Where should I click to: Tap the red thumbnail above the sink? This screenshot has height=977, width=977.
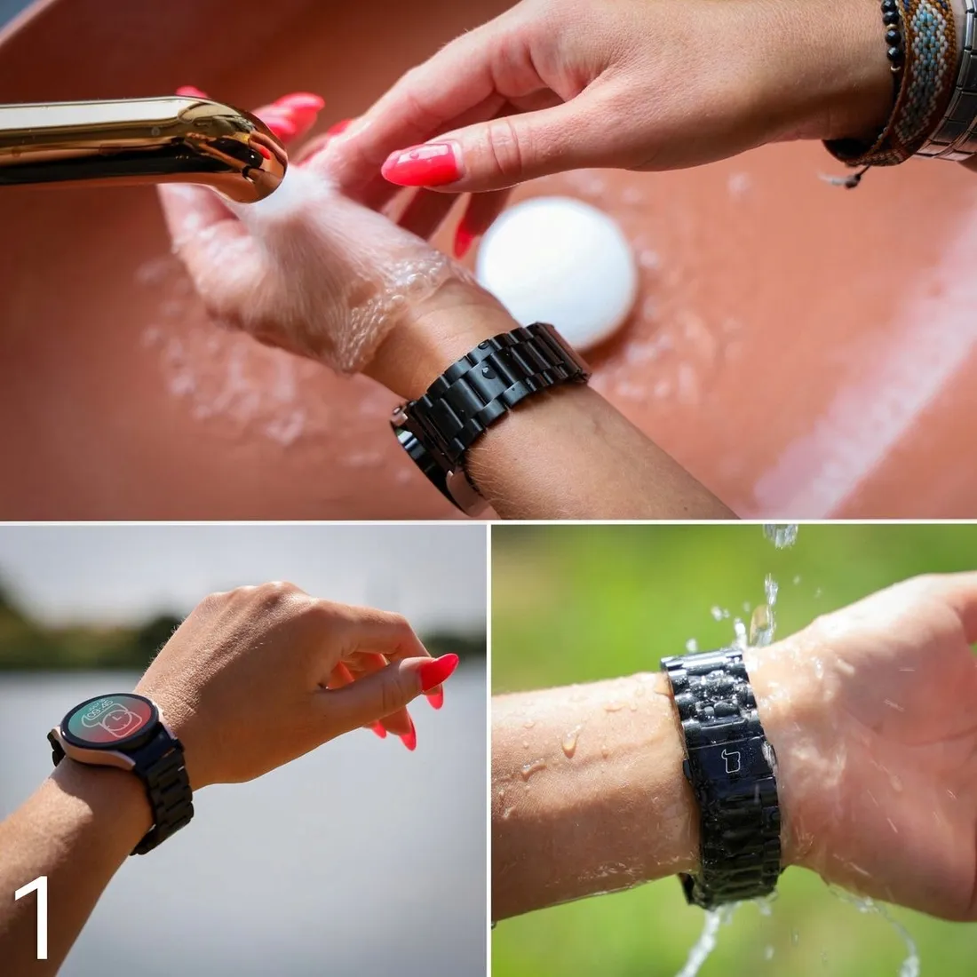pyautogui.click(x=422, y=164)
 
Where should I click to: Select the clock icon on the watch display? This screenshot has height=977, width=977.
pyautogui.click(x=122, y=723)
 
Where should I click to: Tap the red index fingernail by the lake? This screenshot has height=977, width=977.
pyautogui.click(x=439, y=671)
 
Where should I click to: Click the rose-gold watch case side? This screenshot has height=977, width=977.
pyautogui.click(x=93, y=754)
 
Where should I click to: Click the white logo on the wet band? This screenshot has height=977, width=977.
pyautogui.click(x=730, y=761)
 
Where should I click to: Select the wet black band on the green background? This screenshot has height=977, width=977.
pyautogui.click(x=726, y=779)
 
